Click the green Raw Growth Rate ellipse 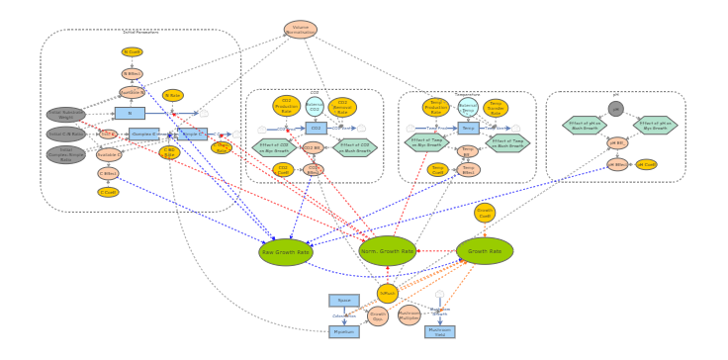[x=286, y=252]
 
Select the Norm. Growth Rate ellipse [x=388, y=250]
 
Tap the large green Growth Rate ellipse [x=485, y=251]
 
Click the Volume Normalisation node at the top [x=301, y=30]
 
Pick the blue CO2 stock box [x=317, y=128]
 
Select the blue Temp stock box [x=469, y=128]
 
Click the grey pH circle [x=615, y=109]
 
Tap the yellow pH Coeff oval [x=646, y=164]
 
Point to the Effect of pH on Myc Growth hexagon [x=656, y=126]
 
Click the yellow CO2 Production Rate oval [x=287, y=106]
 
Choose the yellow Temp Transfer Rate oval [x=496, y=108]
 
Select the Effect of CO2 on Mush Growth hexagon [x=355, y=147]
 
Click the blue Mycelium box [x=344, y=332]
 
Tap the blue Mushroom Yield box [x=440, y=332]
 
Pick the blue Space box [x=344, y=300]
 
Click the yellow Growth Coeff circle [x=485, y=213]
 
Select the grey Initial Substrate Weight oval [x=66, y=115]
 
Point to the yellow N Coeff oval [x=132, y=52]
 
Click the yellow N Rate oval [x=173, y=96]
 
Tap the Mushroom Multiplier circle [x=409, y=315]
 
